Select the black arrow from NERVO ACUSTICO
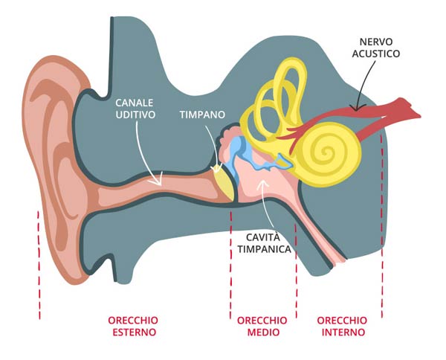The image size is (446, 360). [x=366, y=86]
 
